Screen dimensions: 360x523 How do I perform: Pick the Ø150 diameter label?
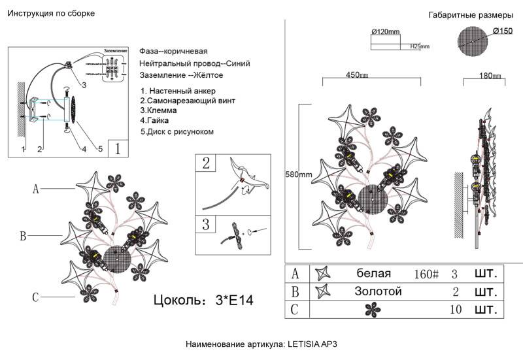502,31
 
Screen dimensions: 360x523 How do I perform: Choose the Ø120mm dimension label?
386,31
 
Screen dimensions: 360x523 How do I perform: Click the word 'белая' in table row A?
374,273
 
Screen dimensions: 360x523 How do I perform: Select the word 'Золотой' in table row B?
378,291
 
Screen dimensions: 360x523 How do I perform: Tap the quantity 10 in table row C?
457,309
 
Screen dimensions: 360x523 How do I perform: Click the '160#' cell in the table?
426,273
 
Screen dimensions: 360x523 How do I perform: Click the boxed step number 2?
206,163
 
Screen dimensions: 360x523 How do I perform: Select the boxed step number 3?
206,225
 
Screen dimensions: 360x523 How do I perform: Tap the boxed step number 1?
118,148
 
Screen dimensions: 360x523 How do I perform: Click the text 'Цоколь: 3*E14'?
203,301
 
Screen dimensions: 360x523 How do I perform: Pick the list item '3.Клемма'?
160,111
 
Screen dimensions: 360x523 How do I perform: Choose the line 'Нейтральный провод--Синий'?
194,64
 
